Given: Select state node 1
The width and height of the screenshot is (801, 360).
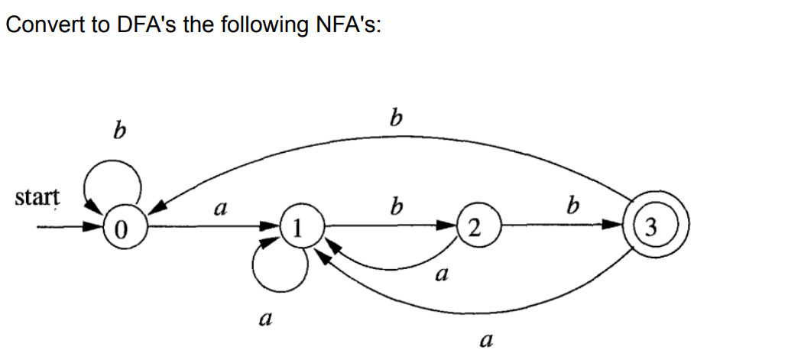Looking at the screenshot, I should coord(300,227).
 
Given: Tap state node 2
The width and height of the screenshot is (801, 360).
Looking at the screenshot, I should coord(475,227).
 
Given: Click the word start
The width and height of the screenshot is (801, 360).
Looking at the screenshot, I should coord(36,198).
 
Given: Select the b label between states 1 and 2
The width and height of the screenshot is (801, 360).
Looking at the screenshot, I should coord(395,206).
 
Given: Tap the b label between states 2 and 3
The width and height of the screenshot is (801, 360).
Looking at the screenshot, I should coord(572,206).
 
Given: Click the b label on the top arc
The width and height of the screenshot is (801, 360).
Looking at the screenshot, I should coord(395,119).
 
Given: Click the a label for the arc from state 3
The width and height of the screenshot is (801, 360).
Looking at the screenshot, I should coord(483,339).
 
